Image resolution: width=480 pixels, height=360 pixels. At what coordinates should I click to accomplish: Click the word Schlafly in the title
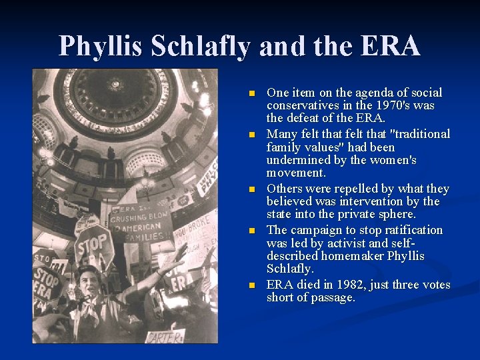click(201, 47)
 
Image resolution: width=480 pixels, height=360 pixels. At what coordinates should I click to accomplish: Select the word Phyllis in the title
click(101, 47)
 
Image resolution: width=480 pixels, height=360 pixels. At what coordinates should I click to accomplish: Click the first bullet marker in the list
click(251, 93)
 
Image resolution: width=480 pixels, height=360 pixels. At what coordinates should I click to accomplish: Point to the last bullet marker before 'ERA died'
click(251, 285)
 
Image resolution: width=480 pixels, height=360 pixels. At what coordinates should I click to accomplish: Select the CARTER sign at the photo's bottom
click(165, 335)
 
